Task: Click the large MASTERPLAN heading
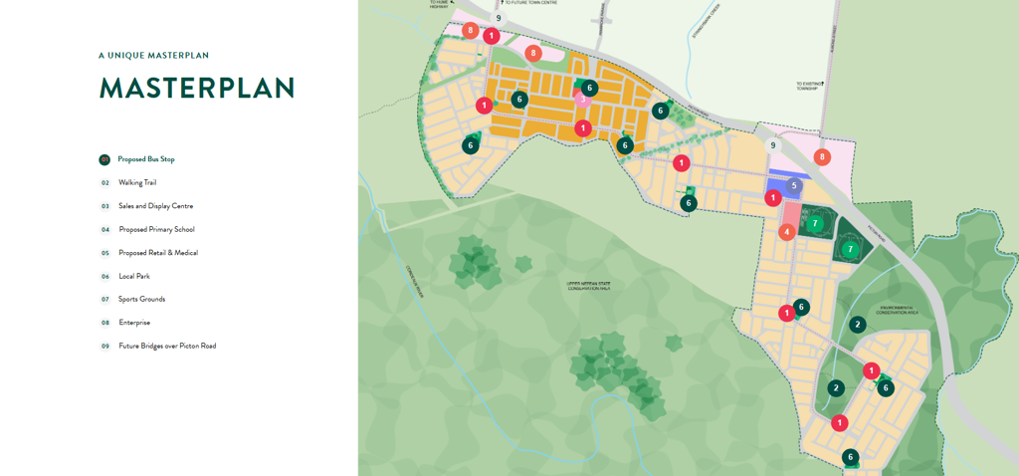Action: pos(196,88)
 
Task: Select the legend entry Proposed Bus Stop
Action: pos(145,159)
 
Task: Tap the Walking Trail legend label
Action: pos(137,183)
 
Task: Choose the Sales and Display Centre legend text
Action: pos(155,206)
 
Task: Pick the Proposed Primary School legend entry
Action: pos(156,230)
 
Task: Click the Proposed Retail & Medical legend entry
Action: pos(158,253)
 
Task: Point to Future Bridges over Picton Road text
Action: pos(167,347)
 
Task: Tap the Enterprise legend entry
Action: pos(134,323)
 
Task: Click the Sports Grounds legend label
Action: pos(141,300)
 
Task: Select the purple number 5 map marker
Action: pos(793,185)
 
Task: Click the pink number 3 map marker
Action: pos(582,98)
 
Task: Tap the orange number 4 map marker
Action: pos(787,232)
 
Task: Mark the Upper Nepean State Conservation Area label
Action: pos(589,287)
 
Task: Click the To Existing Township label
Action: pos(806,87)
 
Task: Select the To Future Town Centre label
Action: pos(531,3)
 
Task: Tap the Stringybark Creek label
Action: pos(707,22)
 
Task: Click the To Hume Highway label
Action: pos(440,4)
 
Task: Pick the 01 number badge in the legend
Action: pos(104,159)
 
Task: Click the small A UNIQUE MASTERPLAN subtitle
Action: pos(153,56)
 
